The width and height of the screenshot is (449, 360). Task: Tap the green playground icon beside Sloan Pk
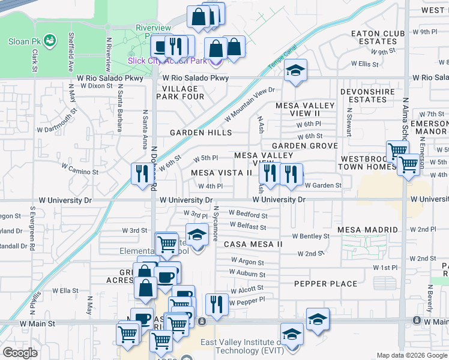tap(49, 41)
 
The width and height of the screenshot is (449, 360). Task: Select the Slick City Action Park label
tap(167, 61)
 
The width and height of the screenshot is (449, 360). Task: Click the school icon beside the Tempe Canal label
tap(295, 70)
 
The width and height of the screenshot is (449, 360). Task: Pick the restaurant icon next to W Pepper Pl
tap(216, 304)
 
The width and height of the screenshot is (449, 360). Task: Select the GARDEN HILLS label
tap(200, 133)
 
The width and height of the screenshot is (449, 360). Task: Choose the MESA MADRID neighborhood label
tap(367, 230)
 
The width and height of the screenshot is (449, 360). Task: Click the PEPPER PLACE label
tap(325, 284)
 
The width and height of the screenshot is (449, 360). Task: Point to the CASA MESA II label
tap(253, 244)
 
